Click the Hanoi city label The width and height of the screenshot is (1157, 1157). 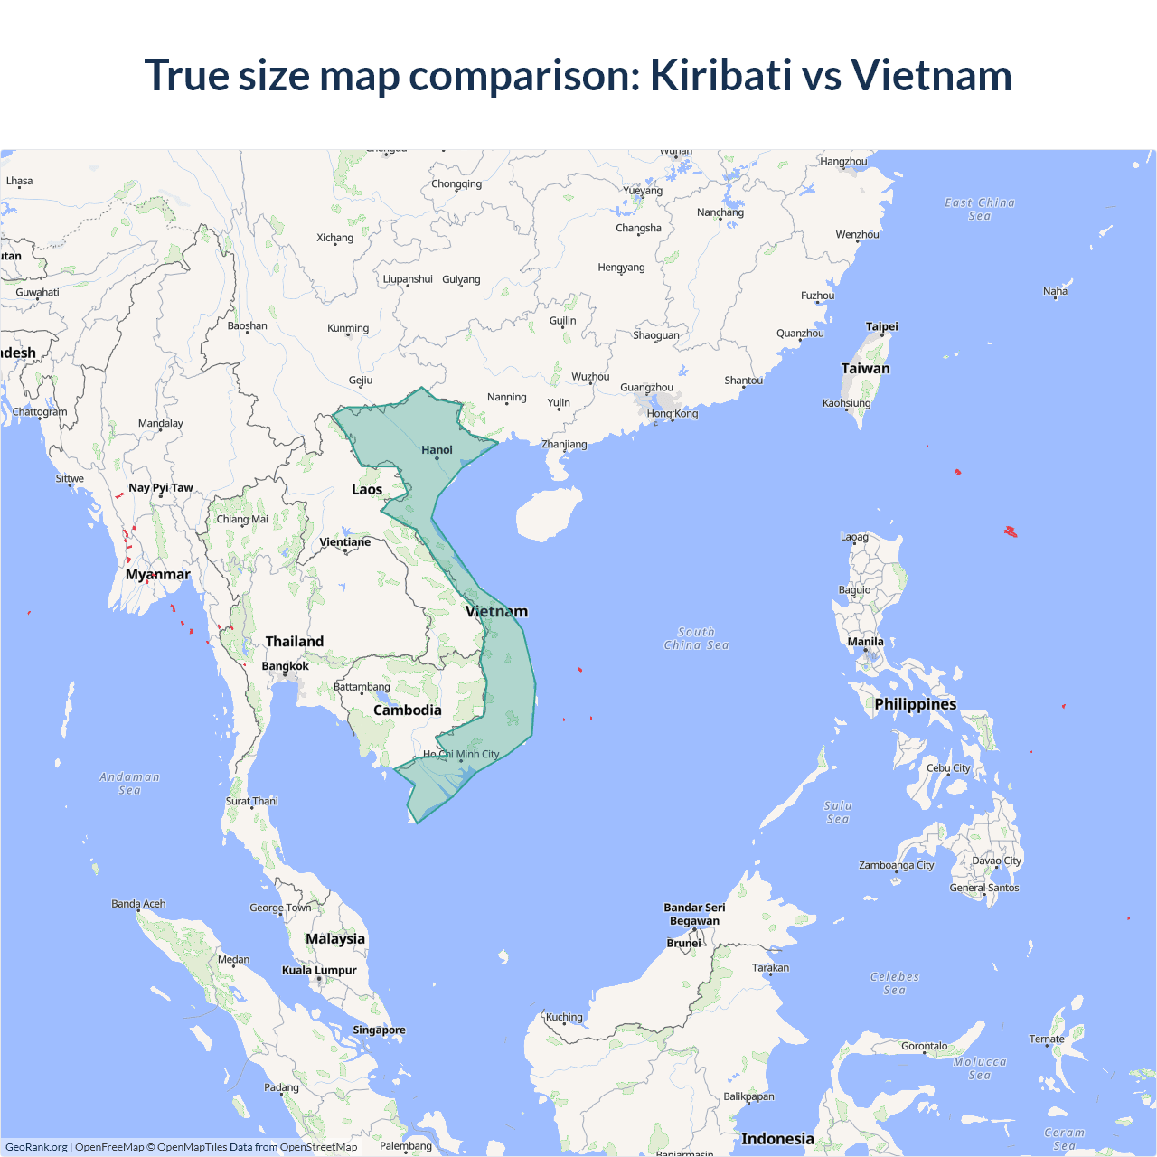tap(437, 450)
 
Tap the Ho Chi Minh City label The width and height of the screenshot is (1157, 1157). tap(461, 754)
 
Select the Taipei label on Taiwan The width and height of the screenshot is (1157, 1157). tap(881, 326)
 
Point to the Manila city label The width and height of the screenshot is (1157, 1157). tap(865, 642)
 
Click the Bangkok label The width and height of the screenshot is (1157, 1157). tap(285, 666)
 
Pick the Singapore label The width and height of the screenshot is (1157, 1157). tap(379, 1030)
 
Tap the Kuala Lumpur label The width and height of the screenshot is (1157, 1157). tap(319, 970)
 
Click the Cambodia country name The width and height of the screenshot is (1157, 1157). tap(408, 710)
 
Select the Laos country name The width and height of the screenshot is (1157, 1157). tap(367, 490)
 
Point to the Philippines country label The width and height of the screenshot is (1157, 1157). tap(915, 704)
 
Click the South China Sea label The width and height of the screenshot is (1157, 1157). tap(696, 638)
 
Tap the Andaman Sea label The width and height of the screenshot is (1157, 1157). tap(129, 783)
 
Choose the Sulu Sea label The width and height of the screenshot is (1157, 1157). tap(838, 812)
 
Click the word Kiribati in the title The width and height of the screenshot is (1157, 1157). tap(720, 75)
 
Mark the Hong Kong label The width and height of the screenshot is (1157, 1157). tap(672, 414)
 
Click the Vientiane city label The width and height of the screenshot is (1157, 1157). tap(344, 542)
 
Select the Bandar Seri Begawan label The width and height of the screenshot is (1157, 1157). tap(694, 914)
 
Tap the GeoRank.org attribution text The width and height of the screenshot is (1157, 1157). tap(36, 1147)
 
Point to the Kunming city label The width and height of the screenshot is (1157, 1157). tap(348, 328)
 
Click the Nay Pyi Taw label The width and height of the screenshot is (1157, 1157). tap(161, 488)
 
